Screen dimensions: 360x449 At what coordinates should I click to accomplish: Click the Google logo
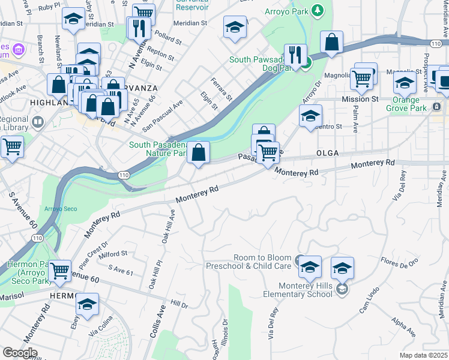[19, 353]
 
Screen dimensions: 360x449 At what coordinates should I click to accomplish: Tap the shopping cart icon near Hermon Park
[60, 271]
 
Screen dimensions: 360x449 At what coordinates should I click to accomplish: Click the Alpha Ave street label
[403, 328]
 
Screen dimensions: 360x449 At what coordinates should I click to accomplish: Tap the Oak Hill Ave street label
[168, 226]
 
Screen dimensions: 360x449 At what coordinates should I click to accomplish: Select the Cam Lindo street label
[367, 304]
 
